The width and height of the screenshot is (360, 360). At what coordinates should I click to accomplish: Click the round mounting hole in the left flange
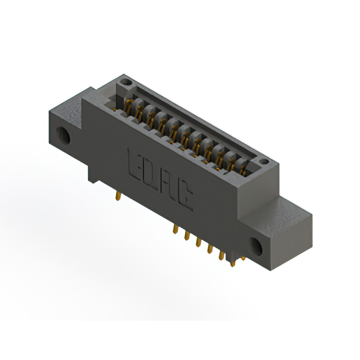click(64, 136)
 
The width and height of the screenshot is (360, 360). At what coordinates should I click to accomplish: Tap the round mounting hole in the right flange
click(256, 246)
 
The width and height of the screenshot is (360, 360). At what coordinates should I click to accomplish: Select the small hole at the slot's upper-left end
click(126, 82)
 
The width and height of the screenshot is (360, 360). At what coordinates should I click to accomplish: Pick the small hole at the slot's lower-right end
click(264, 161)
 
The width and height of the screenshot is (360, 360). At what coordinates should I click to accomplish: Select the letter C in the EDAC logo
click(185, 198)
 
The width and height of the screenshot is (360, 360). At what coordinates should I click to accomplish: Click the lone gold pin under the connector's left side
click(118, 196)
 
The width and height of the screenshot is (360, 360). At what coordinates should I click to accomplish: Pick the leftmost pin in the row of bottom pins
click(175, 229)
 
